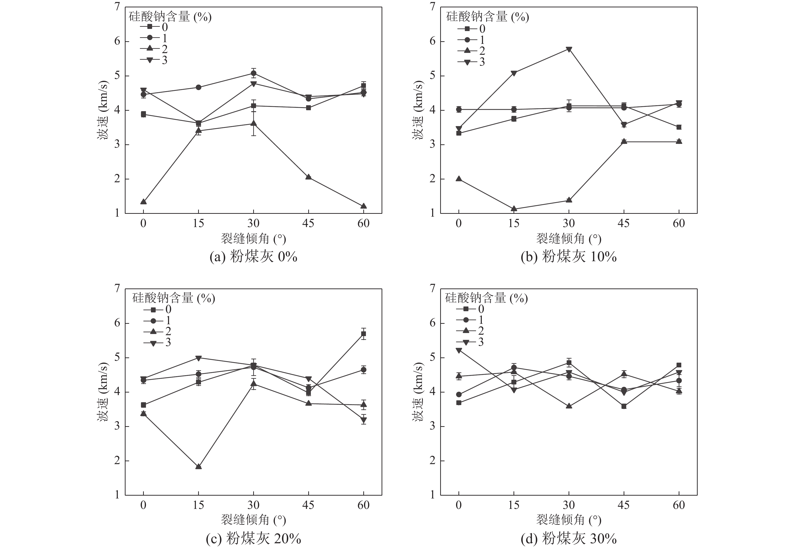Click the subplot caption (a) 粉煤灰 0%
coord(253,256)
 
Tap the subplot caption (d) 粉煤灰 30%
coord(569,538)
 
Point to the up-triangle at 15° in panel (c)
coord(198,467)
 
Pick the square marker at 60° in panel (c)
coord(363,334)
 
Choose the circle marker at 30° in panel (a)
coord(253,73)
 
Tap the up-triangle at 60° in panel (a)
coord(363,206)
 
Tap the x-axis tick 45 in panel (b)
coord(624,224)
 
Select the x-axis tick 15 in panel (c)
coord(198,505)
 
